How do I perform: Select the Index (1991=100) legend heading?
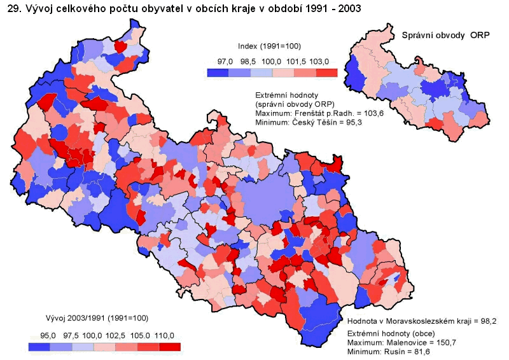click(x=269, y=46)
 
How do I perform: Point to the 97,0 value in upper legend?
click(x=225, y=61)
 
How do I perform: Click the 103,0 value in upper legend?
click(x=318, y=61)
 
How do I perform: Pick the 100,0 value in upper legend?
click(x=272, y=61)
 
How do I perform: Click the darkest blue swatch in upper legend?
click(x=219, y=73)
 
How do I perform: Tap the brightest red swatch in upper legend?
click(x=327, y=73)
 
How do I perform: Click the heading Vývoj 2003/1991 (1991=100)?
click(x=97, y=318)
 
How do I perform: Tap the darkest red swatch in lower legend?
click(x=170, y=347)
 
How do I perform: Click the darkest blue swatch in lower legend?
click(x=39, y=347)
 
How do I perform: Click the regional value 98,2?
click(x=487, y=321)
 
